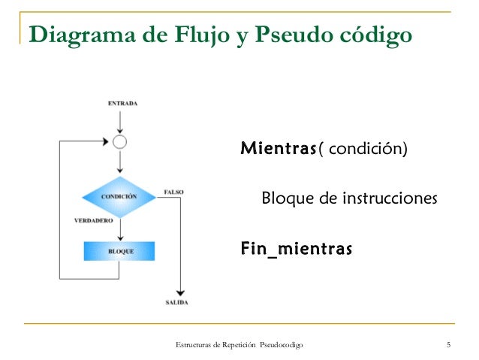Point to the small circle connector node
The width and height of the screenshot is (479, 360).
click(x=119, y=141)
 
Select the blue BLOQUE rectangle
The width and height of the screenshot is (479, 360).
click(x=119, y=251)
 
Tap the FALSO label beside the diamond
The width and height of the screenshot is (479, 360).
click(x=173, y=192)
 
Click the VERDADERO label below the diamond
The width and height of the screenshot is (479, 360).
click(x=94, y=221)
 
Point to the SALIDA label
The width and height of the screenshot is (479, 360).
click(x=177, y=303)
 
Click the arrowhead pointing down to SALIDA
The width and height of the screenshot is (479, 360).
click(x=179, y=292)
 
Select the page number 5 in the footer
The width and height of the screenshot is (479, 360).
click(x=448, y=345)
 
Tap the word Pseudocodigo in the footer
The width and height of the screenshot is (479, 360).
click(x=282, y=345)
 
